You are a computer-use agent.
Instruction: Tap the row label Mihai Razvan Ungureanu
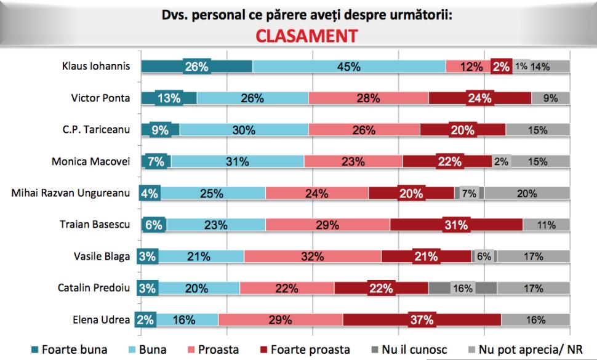(71, 193)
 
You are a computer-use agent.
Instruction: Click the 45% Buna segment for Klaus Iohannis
(348, 66)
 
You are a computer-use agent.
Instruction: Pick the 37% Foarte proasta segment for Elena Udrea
(422, 320)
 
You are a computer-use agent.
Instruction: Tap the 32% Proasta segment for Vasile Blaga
(313, 257)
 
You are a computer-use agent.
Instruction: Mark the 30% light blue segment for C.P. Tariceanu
(244, 130)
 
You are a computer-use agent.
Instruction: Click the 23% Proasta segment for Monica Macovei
(353, 162)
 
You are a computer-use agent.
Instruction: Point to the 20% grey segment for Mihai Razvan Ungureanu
(527, 193)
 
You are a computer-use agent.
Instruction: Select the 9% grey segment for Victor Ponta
(550, 98)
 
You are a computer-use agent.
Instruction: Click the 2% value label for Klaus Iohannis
(501, 67)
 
